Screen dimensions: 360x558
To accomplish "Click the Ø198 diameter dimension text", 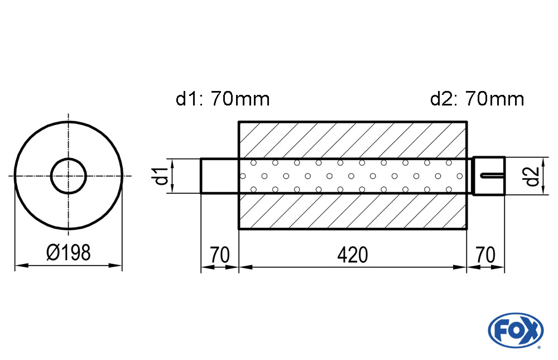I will point(68,253).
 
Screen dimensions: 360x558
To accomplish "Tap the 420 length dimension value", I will point(352,255).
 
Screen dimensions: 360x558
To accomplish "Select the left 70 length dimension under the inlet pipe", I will point(220,255).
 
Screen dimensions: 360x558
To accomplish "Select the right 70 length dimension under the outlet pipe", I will point(485,255).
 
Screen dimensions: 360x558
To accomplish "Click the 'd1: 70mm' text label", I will point(223,99).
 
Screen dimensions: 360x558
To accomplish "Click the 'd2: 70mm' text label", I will point(477,99).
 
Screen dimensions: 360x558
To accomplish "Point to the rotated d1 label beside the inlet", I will point(161,176).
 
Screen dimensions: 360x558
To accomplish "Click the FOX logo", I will point(515,329).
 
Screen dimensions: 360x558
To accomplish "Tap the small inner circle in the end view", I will point(68,176).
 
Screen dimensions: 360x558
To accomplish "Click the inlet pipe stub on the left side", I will point(220,176).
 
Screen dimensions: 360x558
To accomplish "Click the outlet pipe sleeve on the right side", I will point(489,176).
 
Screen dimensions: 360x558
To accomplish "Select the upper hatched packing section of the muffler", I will point(352,140).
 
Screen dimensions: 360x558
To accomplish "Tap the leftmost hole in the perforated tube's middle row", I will point(242,176).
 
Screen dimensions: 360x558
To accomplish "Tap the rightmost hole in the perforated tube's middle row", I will point(459,176).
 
